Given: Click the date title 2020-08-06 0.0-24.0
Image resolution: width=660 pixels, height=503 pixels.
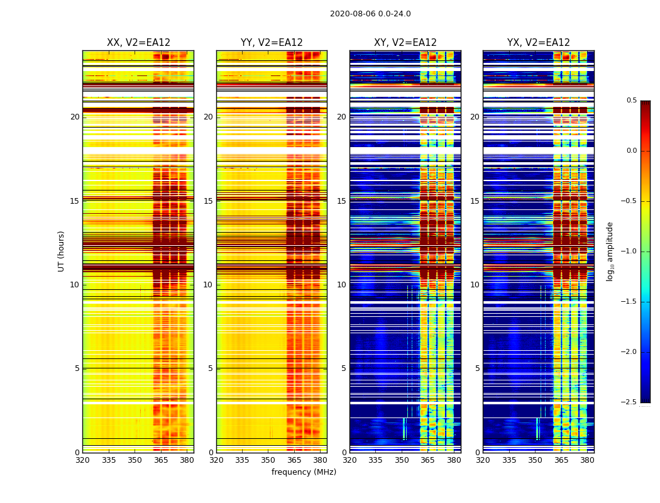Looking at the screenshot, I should click(370, 14).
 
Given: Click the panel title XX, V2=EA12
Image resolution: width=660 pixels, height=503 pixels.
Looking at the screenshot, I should click(138, 43).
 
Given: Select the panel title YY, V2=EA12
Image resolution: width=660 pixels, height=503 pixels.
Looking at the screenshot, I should click(272, 43).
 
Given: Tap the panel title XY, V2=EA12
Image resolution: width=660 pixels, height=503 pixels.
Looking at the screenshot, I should click(405, 43).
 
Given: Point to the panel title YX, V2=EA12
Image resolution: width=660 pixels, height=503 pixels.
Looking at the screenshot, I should click(539, 43).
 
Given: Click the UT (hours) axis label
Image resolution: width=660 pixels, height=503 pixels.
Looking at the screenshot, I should click(61, 251).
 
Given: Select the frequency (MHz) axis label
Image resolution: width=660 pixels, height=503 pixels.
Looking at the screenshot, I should click(304, 472).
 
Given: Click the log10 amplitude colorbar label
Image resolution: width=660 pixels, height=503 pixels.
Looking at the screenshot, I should click(610, 251).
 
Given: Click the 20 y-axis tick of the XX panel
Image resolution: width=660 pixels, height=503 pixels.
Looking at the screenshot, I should click(75, 117).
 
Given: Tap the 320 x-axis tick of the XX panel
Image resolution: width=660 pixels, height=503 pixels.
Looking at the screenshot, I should click(82, 460).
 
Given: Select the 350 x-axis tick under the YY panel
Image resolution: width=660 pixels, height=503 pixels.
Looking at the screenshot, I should click(268, 460).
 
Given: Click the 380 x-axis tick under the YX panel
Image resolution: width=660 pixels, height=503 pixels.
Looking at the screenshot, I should click(587, 460).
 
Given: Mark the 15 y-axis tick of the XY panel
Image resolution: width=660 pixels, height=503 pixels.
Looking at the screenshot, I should click(341, 201).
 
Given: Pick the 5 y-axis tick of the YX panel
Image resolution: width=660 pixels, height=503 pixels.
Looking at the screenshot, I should click(478, 368).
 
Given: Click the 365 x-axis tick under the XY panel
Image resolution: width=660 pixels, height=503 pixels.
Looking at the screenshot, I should click(427, 460).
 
